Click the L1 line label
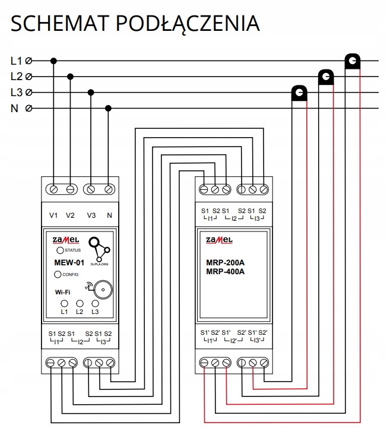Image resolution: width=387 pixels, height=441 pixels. tap(16, 61)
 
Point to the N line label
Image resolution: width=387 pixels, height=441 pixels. tap(14, 109)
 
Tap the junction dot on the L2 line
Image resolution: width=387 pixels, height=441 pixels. tap(71, 77)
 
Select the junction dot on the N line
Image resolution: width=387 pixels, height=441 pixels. tap(108, 109)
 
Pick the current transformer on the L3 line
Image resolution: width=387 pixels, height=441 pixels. tap(299, 93)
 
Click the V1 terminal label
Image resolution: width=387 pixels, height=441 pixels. tap(53, 215)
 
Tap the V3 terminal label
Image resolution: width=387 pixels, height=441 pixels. tap(91, 215)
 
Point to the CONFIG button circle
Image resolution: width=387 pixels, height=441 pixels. tap(58, 274)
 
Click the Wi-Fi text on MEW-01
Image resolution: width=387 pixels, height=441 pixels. tap(64, 292)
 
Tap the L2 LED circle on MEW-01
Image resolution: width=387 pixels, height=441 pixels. tap(80, 303)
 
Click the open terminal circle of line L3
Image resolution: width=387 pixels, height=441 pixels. tap(28, 93)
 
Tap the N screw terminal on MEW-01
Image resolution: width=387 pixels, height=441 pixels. tap(109, 189)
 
